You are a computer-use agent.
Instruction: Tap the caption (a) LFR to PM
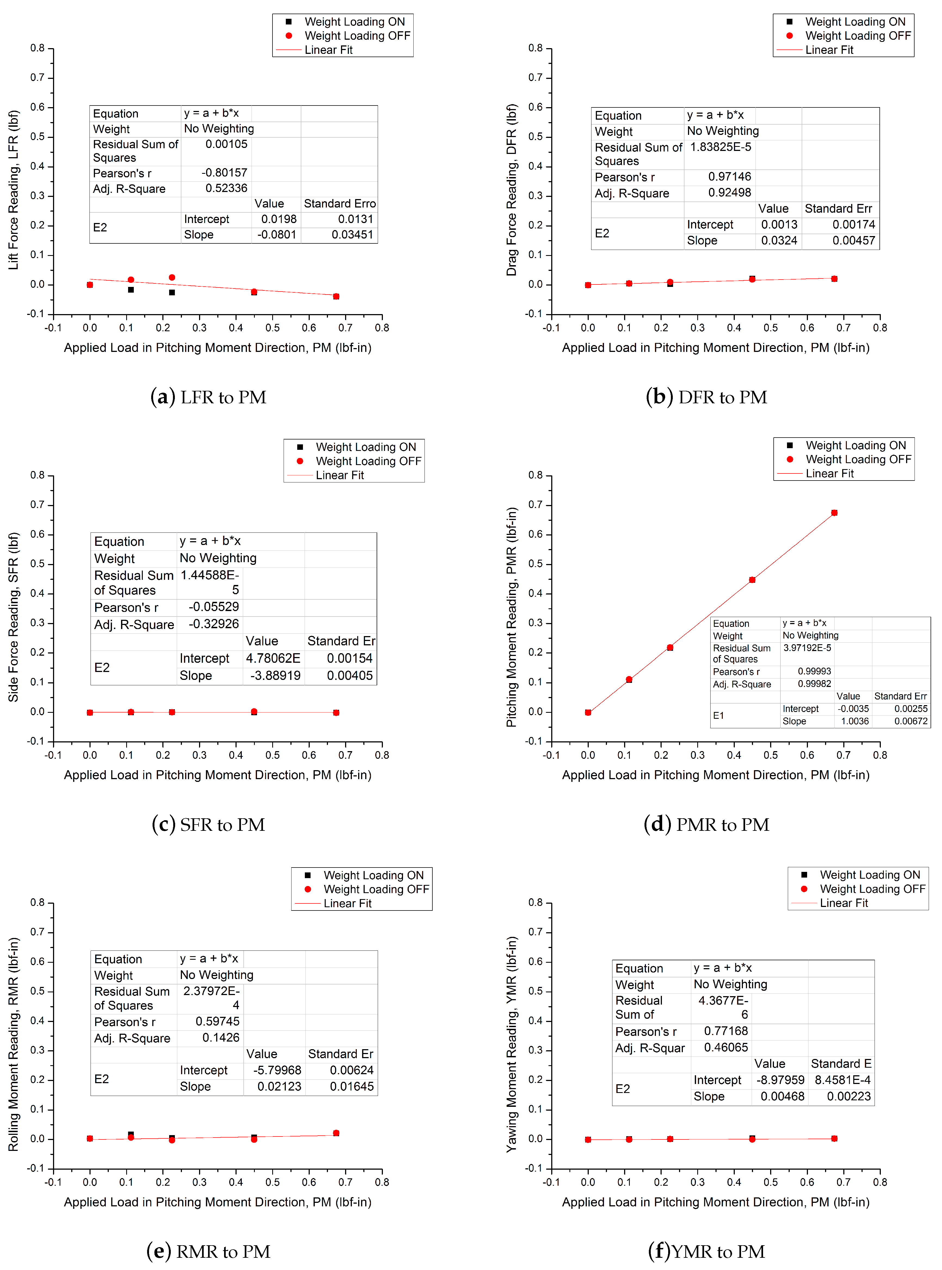(x=208, y=397)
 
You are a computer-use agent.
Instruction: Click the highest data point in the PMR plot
(x=834, y=513)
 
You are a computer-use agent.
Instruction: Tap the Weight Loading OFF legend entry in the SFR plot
(x=368, y=461)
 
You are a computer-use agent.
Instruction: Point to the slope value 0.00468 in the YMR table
(x=782, y=1096)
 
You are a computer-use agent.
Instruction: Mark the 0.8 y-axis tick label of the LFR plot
(x=38, y=48)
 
